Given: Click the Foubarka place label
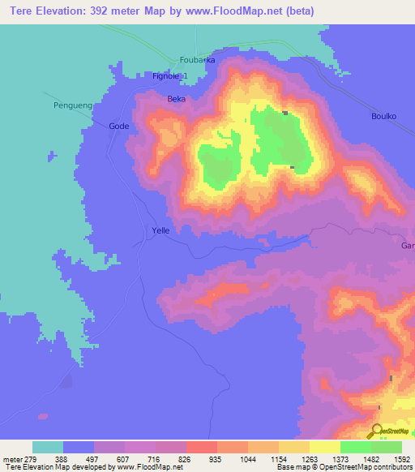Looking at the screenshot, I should (198, 60).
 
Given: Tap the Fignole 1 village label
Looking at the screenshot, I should (170, 76).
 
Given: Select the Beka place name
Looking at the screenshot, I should (176, 99).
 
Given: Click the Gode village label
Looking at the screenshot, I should (118, 127).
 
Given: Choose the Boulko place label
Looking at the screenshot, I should (383, 116).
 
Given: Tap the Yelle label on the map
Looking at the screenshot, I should (160, 231).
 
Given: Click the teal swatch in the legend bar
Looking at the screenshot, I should (48, 447).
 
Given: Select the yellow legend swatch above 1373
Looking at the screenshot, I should (324, 447).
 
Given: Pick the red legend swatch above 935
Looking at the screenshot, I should (201, 447).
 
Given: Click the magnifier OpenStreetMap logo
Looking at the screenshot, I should (375, 431).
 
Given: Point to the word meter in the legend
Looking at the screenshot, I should (13, 458).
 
